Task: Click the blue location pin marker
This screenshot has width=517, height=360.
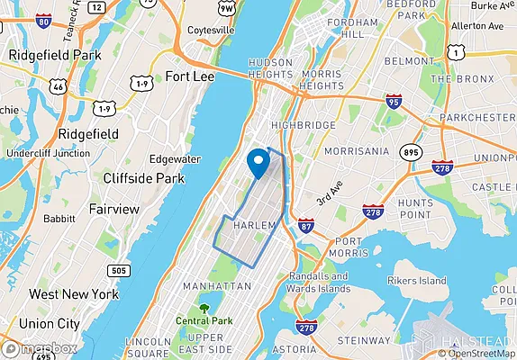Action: click(x=259, y=162)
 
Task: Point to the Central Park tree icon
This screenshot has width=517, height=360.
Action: click(x=204, y=308)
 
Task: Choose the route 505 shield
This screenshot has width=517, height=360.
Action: click(x=117, y=270)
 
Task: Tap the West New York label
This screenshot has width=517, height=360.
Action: click(x=73, y=294)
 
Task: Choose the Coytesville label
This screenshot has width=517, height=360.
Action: click(x=210, y=30)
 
